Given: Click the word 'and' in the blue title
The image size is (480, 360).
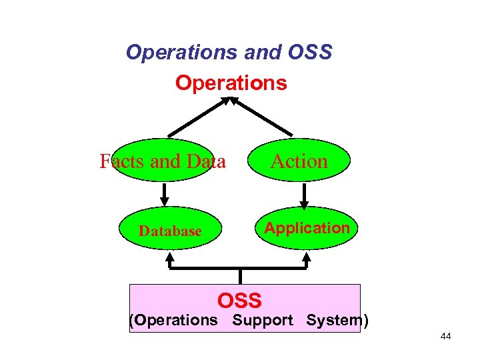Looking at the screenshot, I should [257, 52].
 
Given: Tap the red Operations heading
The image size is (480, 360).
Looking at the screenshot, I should [231, 83].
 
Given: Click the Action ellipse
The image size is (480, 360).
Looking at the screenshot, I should [299, 161].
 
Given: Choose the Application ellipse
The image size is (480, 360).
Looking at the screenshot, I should [307, 228].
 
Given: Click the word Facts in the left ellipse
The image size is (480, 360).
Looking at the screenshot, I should [122, 161].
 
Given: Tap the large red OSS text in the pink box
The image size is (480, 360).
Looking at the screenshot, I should [240, 300].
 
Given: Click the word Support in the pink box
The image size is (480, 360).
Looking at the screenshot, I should [263, 320].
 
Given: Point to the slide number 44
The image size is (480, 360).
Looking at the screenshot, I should [445, 337].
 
